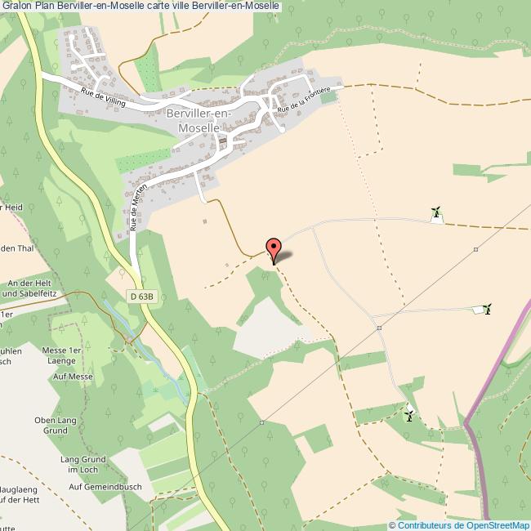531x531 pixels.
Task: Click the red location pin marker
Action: pyautogui.click(x=274, y=249)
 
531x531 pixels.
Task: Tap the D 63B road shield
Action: pyautogui.click(x=141, y=298)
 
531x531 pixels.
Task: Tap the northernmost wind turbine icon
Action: pyautogui.click(x=436, y=213)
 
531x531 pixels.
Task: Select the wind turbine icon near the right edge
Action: pyautogui.click(x=488, y=309)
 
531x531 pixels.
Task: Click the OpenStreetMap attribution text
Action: pyautogui.click(x=463, y=524)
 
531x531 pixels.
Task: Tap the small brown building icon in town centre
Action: pyautogui.click(x=222, y=142)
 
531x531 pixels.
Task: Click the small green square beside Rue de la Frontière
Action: pyautogui.click(x=328, y=97)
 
